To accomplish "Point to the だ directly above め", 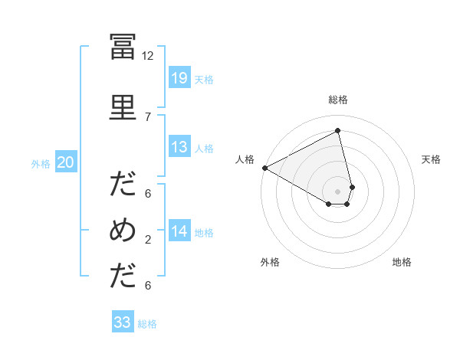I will click(x=123, y=185).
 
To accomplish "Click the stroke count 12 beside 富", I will click(x=148, y=56).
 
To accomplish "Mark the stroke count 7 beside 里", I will click(x=148, y=116).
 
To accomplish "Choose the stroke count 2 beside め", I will click(x=148, y=240).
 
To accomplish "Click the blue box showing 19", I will click(x=179, y=78).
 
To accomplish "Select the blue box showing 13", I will click(x=179, y=147).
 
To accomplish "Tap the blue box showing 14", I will click(x=179, y=231).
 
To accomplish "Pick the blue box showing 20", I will click(x=66, y=162).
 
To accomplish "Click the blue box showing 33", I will click(x=123, y=322).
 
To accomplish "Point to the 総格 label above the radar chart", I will click(x=338, y=100).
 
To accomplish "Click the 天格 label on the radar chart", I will click(x=432, y=159).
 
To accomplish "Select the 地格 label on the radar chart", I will click(x=402, y=262).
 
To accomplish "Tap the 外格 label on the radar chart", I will click(x=270, y=262).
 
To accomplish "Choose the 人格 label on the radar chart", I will click(x=245, y=159).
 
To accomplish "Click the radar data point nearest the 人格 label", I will click(x=264, y=167).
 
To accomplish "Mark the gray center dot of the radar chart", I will click(x=338, y=190).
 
